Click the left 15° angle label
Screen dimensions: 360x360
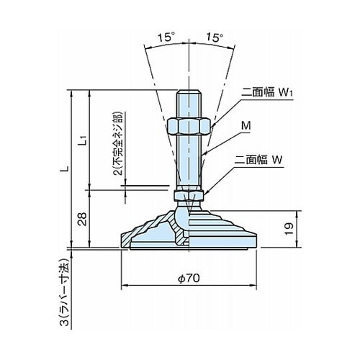pos(166,37)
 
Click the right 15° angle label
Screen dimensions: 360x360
pos(215,37)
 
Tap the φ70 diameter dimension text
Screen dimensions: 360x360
pos(189,278)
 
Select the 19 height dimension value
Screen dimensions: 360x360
pos(289,229)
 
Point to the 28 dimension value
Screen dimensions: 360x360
pos(83,219)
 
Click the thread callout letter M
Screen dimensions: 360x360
pos(246,126)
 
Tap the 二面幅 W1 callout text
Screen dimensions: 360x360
pos(267,92)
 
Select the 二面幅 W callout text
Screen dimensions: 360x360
pos(258,160)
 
